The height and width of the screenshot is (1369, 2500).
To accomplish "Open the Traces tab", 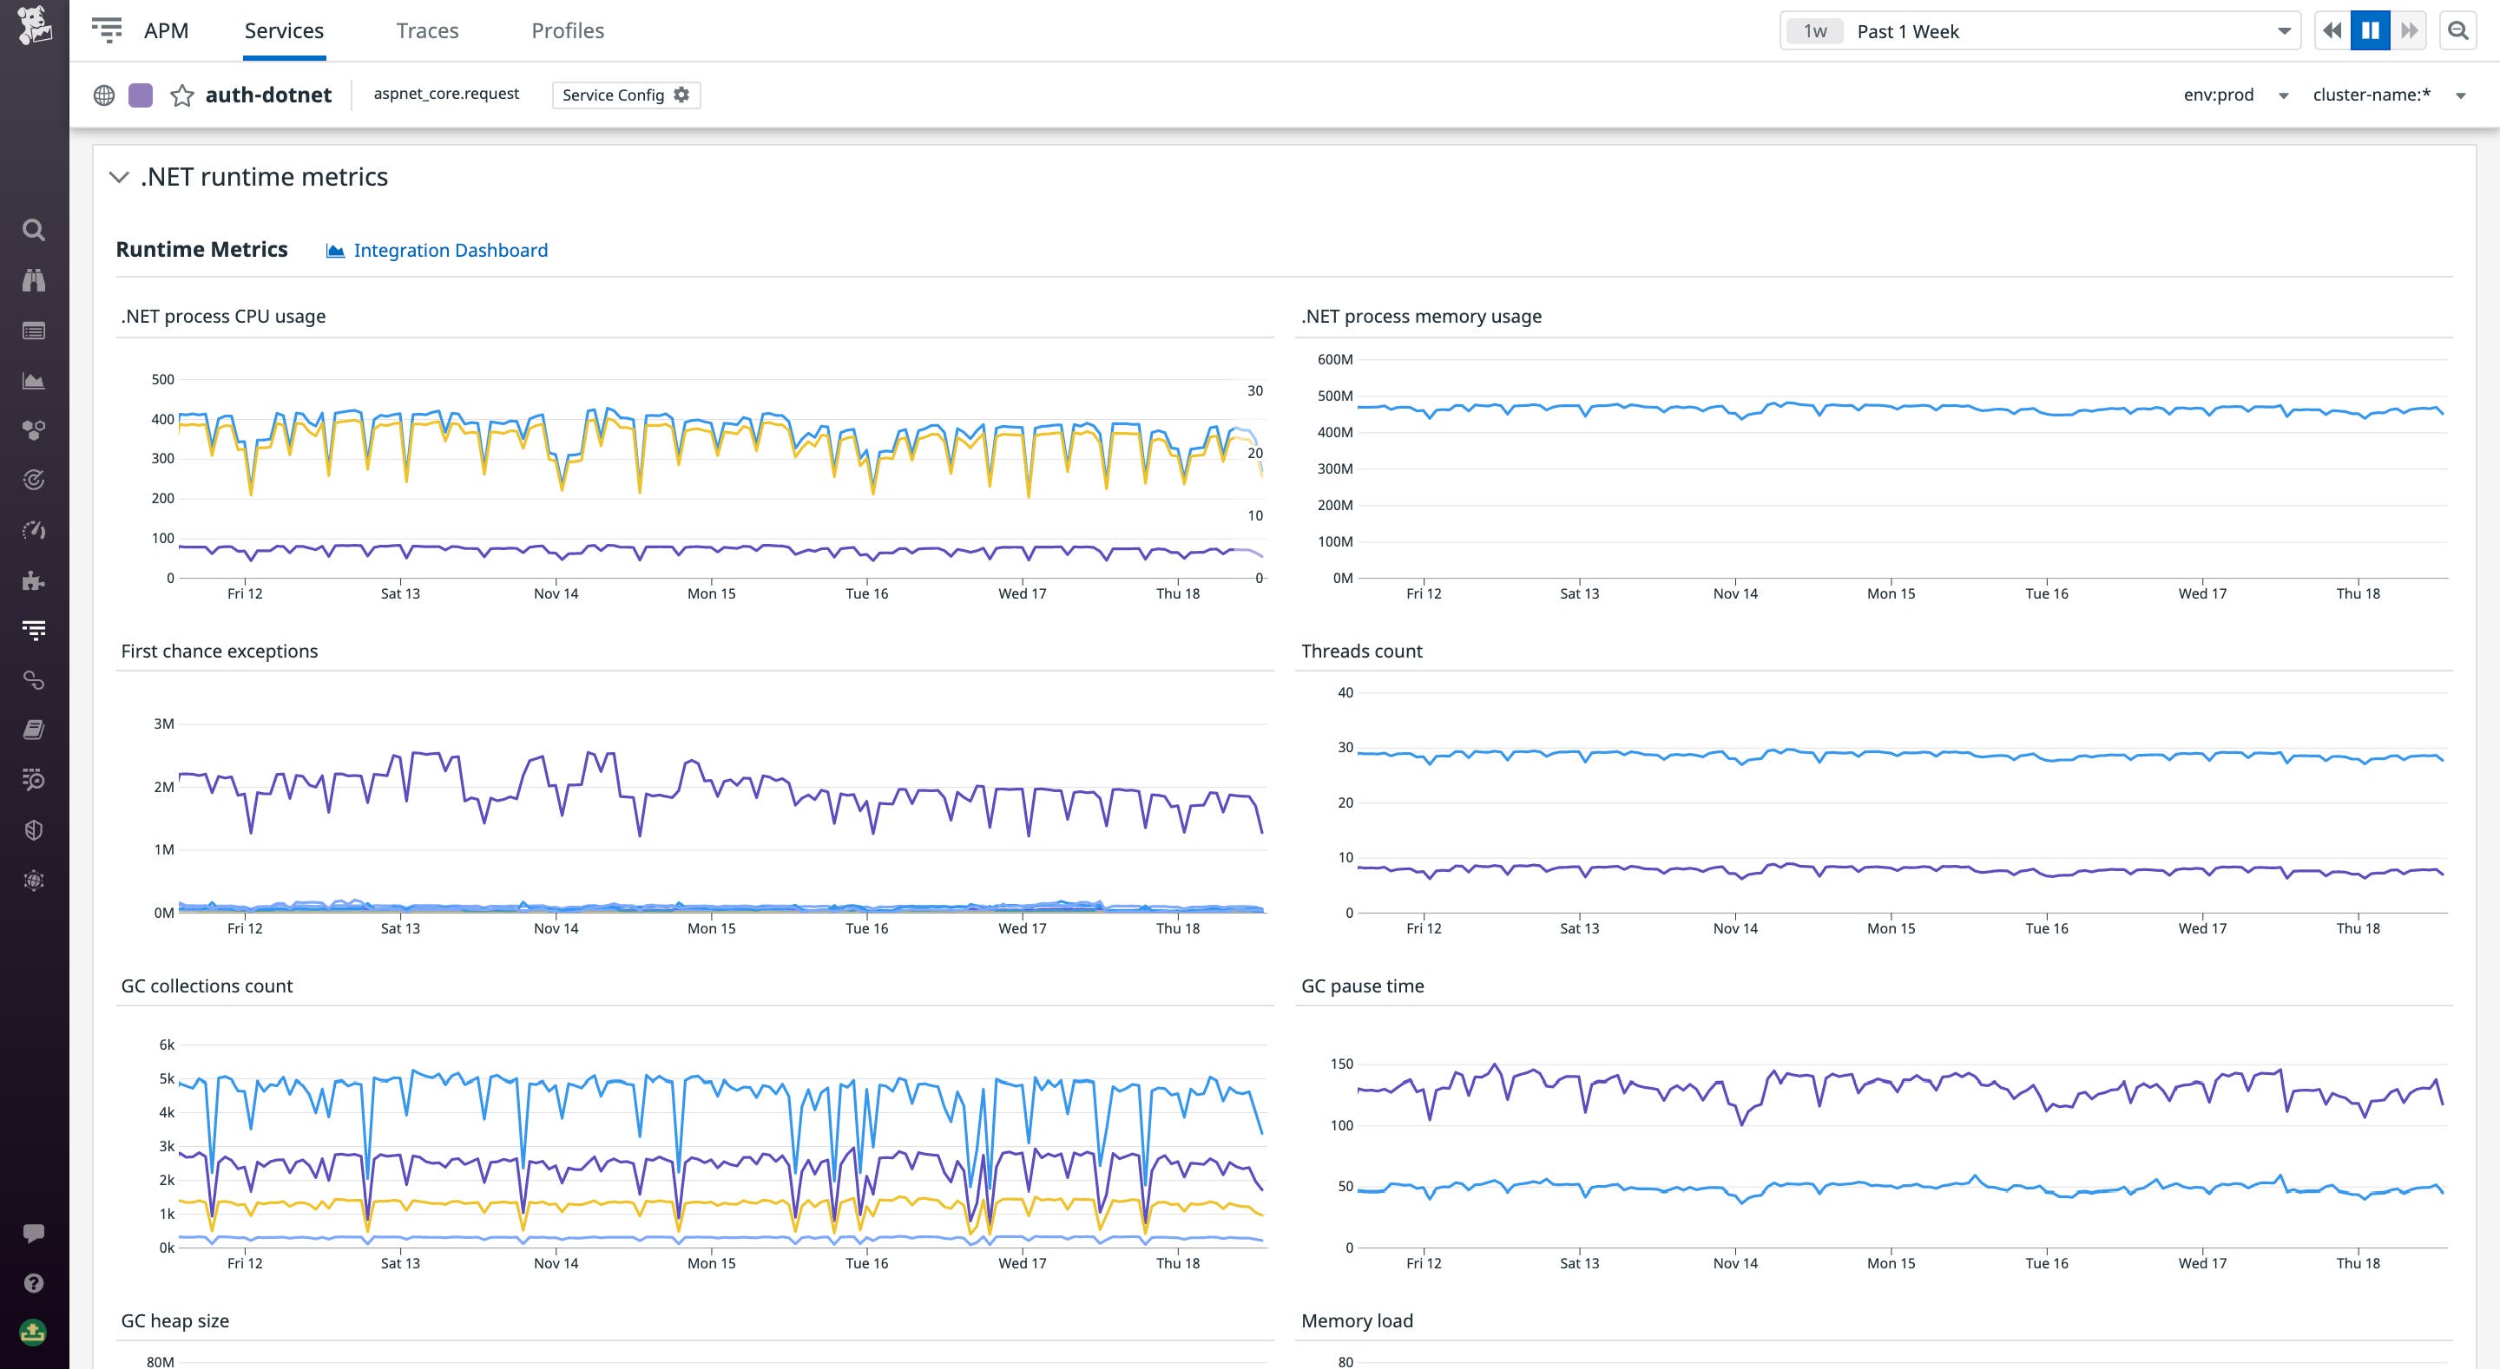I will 427,31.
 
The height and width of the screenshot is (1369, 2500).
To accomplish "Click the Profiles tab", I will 567,31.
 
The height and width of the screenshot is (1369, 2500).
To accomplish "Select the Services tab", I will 283,31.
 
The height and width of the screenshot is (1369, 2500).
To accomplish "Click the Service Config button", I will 625,95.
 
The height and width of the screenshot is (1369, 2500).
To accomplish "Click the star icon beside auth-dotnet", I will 181,95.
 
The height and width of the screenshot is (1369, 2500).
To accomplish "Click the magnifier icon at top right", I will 2457,31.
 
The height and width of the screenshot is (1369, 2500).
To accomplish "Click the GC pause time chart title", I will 1362,986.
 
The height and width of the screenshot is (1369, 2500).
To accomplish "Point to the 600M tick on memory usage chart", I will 1334,360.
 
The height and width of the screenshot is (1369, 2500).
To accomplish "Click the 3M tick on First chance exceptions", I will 164,724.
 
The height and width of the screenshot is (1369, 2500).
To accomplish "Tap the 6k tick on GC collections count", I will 167,1045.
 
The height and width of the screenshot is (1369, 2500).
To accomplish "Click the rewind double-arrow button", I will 2332,31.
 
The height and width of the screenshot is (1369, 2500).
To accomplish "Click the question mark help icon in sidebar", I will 34,1282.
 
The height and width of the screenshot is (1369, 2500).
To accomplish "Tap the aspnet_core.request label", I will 445,94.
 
